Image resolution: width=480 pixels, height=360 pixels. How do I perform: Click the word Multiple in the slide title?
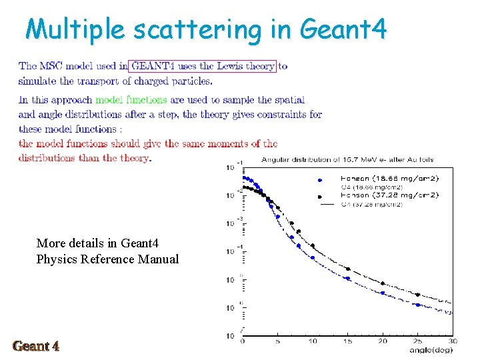point(75,30)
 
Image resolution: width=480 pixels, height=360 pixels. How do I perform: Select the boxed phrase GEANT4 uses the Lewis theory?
point(203,66)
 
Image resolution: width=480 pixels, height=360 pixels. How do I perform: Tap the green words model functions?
point(131,100)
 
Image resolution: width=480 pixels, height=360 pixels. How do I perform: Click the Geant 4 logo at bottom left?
point(36,346)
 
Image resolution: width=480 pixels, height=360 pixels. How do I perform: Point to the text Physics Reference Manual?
point(107,259)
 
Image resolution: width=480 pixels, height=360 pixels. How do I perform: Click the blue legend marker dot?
point(320,179)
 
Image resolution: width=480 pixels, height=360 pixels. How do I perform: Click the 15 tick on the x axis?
point(347,341)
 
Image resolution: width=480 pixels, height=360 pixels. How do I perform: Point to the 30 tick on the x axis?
point(453,341)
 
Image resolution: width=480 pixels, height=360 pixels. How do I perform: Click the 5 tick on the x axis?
point(277,341)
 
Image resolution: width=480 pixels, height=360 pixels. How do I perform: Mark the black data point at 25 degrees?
point(418,294)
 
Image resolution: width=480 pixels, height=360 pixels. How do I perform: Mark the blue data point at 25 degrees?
point(418,305)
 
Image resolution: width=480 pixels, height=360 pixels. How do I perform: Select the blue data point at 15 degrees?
point(347,278)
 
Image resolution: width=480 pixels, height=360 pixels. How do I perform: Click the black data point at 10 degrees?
point(313,246)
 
